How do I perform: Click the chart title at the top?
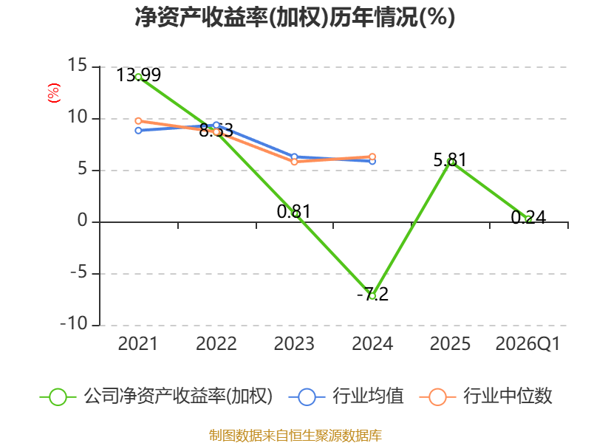pos(295,17)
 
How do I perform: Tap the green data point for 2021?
pos(138,77)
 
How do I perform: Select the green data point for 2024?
pos(372,296)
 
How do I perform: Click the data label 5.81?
pos(450,159)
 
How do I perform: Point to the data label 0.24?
pos(528,217)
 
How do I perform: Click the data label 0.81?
pos(293,211)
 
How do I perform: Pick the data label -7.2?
pos(372,294)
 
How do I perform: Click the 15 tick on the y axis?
pos(78,66)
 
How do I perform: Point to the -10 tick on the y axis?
pos(74,323)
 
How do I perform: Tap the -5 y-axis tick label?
pos(79,272)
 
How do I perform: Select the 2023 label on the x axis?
pos(294,343)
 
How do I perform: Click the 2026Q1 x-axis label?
pos(527,343)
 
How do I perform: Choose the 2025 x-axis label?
pos(450,343)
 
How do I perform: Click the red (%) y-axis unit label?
pos(53,93)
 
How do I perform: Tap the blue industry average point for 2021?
pos(138,131)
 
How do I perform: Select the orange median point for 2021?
pos(138,121)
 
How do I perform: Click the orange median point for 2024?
pos(372,157)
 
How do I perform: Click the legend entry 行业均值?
pos(346,396)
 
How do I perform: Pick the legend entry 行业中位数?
pos(485,396)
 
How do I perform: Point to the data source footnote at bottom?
pos(295,436)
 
